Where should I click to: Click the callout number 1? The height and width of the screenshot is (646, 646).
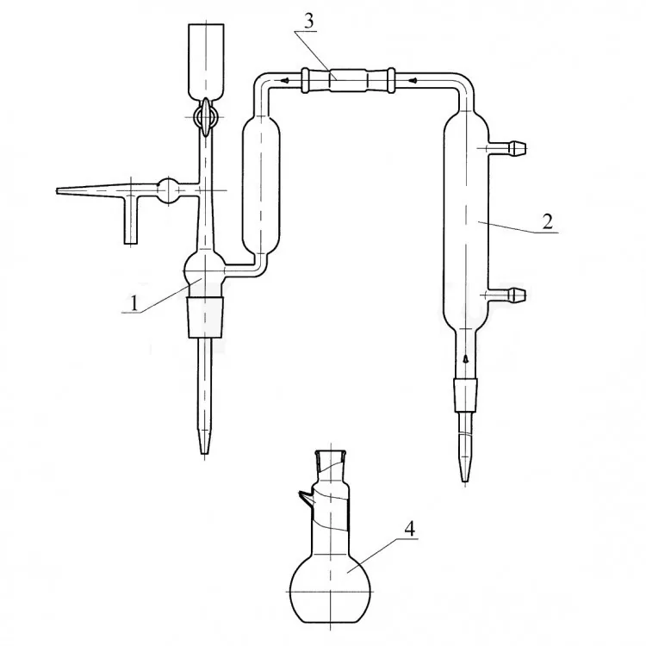134,304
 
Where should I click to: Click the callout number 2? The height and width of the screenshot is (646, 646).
547,222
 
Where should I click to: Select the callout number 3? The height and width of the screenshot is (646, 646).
309,21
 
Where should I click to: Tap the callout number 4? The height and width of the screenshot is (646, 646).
409,529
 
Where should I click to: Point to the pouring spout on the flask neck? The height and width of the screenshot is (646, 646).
305,498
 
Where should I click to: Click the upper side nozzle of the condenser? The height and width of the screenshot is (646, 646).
507,148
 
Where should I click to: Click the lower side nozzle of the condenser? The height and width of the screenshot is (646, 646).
507,295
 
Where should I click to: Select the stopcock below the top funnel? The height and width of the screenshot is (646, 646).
206,118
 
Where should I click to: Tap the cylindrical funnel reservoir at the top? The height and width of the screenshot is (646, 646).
206,62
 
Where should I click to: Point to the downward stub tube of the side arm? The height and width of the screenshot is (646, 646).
131,220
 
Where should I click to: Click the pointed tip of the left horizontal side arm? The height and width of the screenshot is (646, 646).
57,190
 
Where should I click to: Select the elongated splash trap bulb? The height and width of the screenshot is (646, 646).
261,187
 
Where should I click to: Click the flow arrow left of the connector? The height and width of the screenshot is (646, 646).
284,80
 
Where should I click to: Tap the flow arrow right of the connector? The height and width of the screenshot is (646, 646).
414,80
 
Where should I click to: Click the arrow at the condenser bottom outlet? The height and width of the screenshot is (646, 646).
465,358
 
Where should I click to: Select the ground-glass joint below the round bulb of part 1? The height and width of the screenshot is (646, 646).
206,317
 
